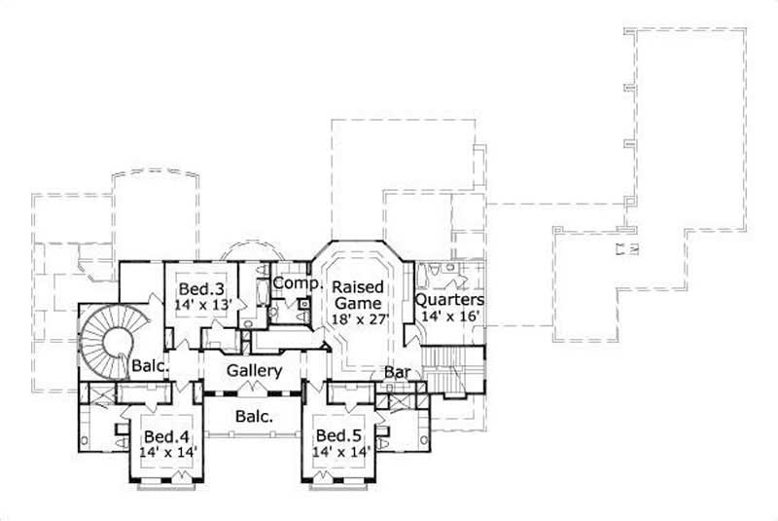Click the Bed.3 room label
(x=203, y=289)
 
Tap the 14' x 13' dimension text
(x=204, y=305)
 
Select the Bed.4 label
(x=164, y=436)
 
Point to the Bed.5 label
(x=336, y=436)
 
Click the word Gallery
(x=255, y=371)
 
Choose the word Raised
(x=356, y=288)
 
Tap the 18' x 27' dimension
(x=358, y=318)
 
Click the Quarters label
(x=449, y=300)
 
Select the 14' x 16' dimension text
(x=449, y=316)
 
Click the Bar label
(x=395, y=373)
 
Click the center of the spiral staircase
(x=118, y=340)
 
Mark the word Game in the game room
(x=357, y=303)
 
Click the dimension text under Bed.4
(x=164, y=453)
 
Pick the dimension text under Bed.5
(x=336, y=453)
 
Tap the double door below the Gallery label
(x=255, y=389)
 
